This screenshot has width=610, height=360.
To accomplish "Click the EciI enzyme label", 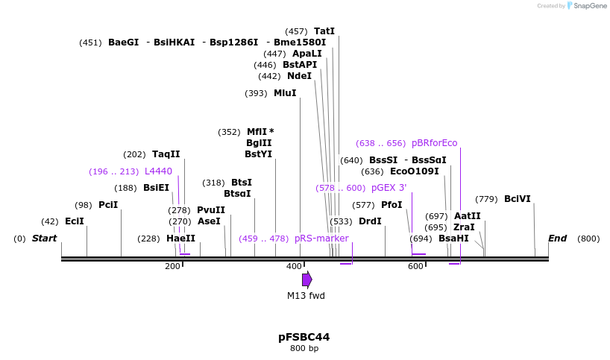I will click(x=74, y=221).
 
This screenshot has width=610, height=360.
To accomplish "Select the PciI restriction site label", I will click(x=108, y=205).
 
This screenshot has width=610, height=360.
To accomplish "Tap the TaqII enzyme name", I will click(x=166, y=154).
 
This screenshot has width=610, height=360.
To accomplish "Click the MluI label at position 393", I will click(x=285, y=93).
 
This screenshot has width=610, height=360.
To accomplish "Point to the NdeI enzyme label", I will click(x=299, y=76).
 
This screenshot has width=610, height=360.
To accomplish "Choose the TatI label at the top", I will click(x=324, y=31).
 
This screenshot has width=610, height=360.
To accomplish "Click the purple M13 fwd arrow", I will click(x=306, y=280).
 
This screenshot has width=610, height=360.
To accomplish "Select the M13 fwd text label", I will click(x=306, y=296).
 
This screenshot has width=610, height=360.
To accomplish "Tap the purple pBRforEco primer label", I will click(x=434, y=143).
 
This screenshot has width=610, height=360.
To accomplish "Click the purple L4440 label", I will click(x=158, y=171).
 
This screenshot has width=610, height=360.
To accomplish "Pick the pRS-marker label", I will click(x=321, y=239).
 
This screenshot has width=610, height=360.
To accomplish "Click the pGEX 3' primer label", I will click(x=389, y=188).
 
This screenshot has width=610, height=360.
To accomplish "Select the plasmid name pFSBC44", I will click(x=304, y=337).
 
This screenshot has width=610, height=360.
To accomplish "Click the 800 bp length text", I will click(x=304, y=349).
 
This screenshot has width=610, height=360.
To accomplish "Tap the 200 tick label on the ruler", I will click(x=172, y=267).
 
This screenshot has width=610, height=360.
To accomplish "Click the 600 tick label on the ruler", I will click(x=415, y=267).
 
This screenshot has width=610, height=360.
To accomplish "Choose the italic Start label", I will click(x=44, y=239).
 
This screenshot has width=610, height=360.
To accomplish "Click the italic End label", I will click(x=557, y=239).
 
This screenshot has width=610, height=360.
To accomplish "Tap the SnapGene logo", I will click(x=585, y=6).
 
